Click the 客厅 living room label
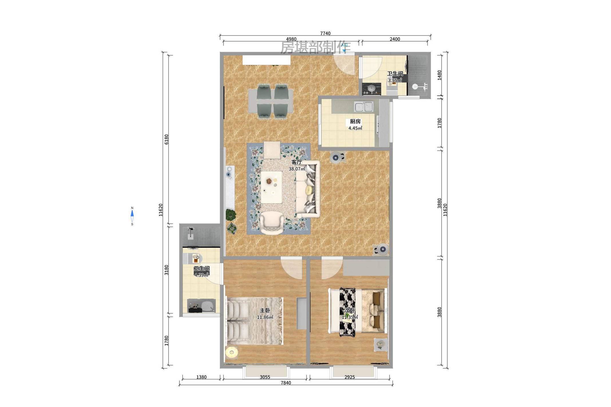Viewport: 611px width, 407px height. click(x=296, y=162)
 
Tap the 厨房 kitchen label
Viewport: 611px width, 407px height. click(x=355, y=121)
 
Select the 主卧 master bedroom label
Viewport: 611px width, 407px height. click(x=265, y=310)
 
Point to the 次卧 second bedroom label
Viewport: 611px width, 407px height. click(x=350, y=310)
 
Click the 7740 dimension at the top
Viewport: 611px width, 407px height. click(x=325, y=34)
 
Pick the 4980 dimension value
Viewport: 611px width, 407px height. click(x=291, y=39)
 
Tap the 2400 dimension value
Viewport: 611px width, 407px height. click(x=395, y=39)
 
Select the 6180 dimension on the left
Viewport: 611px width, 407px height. click(x=167, y=139)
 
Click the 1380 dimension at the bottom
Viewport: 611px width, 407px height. click(x=201, y=377)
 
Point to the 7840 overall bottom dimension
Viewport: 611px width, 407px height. click(x=286, y=383)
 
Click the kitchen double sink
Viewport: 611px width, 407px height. click(x=363, y=107)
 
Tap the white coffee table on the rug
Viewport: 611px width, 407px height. click(x=271, y=187)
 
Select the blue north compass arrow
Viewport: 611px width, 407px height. click(x=132, y=213)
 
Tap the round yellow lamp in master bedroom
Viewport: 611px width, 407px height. click(x=232, y=352)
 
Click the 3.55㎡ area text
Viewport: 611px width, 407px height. click(x=395, y=80)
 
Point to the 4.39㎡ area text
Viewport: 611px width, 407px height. click(x=201, y=275)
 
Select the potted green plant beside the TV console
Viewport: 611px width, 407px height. click(x=231, y=215)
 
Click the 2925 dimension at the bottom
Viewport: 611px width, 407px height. click(x=349, y=377)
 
